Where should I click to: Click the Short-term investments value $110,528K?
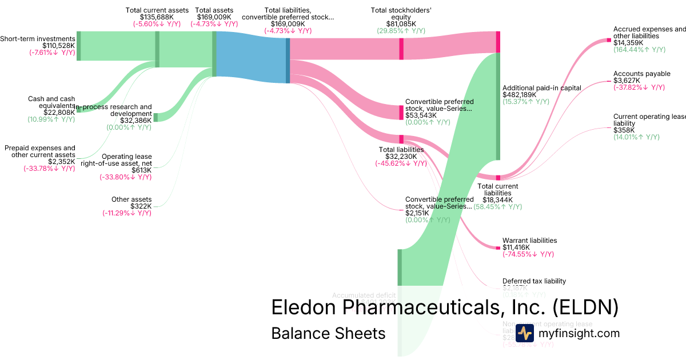[58, 45]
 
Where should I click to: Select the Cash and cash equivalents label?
[51, 102]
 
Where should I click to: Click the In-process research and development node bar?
[155, 117]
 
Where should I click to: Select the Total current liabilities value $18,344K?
[497, 200]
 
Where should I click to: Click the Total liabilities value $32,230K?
[401, 157]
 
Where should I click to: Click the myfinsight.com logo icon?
[524, 333]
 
